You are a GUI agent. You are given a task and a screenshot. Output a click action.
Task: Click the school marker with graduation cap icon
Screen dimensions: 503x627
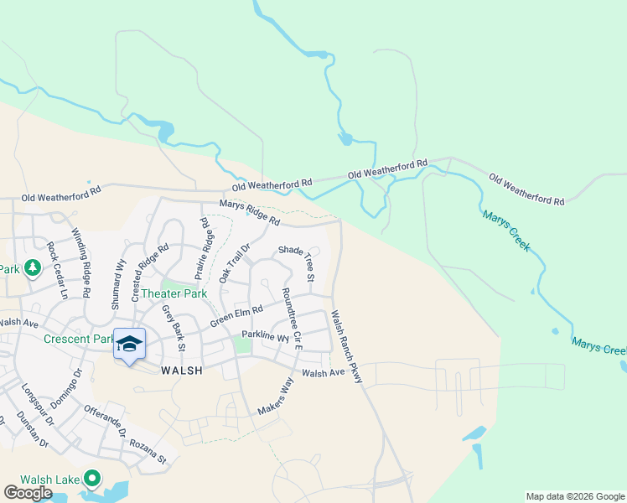point(129,345)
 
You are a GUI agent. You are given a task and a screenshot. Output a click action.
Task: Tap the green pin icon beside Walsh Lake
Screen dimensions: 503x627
point(93,480)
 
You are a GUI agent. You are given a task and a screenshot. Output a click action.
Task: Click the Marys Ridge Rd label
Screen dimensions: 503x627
point(249,212)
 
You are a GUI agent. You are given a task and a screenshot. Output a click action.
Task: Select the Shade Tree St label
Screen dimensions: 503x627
point(298,262)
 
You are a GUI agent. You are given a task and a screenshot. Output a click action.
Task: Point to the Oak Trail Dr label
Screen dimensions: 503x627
point(235,262)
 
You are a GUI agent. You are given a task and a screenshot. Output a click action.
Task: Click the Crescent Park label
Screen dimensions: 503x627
point(78,340)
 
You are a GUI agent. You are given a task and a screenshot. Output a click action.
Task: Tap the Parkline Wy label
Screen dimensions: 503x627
point(265,336)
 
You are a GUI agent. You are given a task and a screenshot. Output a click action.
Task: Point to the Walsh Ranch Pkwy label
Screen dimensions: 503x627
point(345,347)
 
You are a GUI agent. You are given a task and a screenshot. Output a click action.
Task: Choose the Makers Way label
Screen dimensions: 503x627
point(277,397)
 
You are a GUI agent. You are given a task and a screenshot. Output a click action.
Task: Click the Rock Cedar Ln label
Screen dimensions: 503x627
point(56,271)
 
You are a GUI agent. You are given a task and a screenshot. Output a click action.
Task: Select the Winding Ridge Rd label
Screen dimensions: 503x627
point(80,262)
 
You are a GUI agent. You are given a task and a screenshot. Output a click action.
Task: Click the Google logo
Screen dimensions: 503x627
point(28,493)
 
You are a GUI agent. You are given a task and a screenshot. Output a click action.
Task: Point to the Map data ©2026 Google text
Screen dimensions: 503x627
point(574,496)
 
